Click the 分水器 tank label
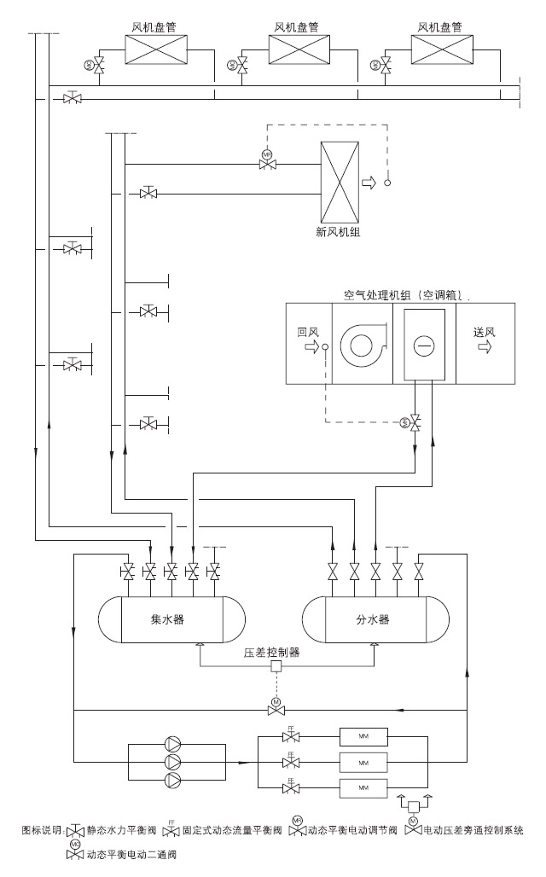[x=373, y=619]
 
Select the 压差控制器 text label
[x=272, y=653]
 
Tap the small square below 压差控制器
[x=276, y=666]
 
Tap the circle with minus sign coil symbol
[x=424, y=347]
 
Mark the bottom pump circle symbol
[x=175, y=780]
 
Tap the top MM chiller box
[x=363, y=736]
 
